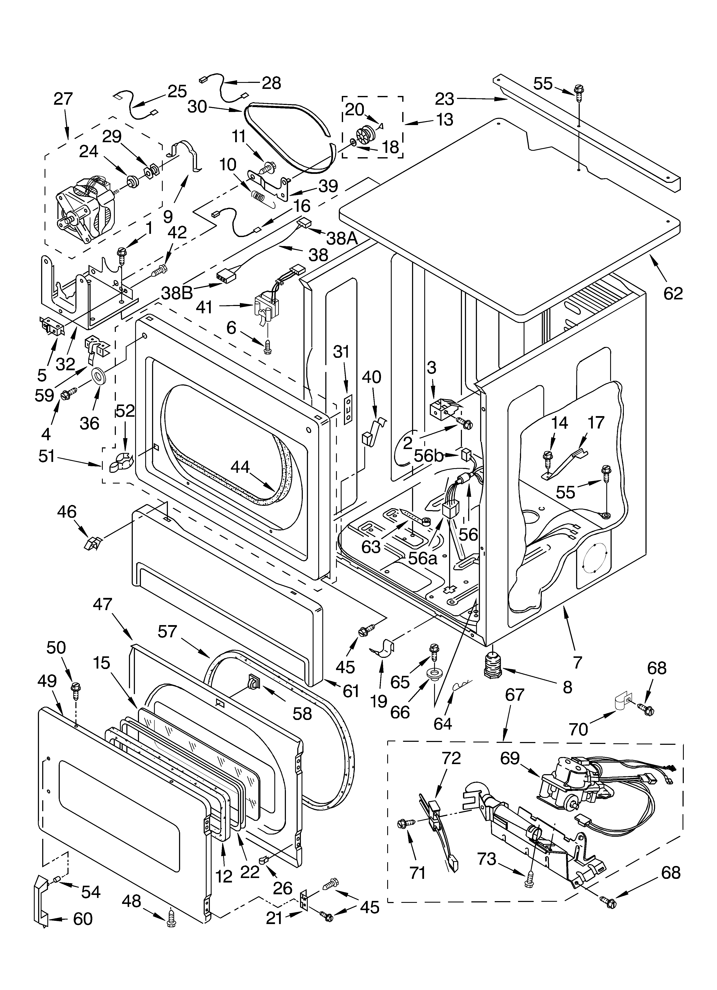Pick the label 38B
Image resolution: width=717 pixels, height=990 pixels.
click(x=177, y=293)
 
